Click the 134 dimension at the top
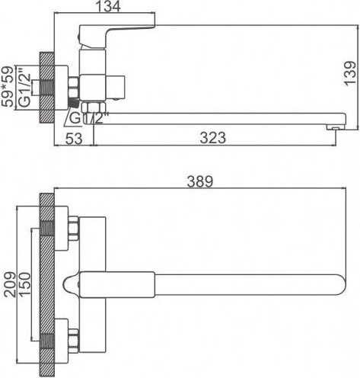click(116, 9)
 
